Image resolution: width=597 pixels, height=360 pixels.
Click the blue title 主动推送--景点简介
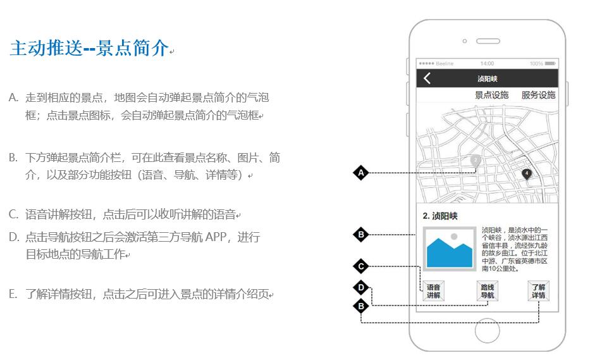pos(89,48)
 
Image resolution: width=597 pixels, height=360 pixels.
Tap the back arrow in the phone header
pos(427,78)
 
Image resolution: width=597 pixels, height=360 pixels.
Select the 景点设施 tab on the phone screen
pos(491,95)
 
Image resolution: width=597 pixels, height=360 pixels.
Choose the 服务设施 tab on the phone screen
pos(538,95)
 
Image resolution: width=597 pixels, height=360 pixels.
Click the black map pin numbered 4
pos(527,174)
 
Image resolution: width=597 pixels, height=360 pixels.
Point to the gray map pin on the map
pos(476,160)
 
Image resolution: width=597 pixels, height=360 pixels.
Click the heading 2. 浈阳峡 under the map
pos(440,216)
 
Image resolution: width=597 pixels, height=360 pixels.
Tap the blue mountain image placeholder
pos(449,249)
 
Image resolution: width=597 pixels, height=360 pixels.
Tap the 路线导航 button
pos(488,291)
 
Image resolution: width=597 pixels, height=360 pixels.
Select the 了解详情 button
pos(538,291)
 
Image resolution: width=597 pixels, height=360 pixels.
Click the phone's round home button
pos(488,330)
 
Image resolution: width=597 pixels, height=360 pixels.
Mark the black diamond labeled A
pos(361,173)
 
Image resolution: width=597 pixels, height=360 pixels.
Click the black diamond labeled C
pos(361,266)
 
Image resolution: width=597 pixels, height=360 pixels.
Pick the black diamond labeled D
pos(361,288)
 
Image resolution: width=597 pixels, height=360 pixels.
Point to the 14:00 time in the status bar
pos(487,63)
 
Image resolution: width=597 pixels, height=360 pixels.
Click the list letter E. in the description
pos(13,294)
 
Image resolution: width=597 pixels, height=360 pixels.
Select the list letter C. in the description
pos(13,214)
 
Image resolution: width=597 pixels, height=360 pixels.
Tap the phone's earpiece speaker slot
pos(488,41)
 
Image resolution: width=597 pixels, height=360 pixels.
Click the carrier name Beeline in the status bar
pos(445,63)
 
